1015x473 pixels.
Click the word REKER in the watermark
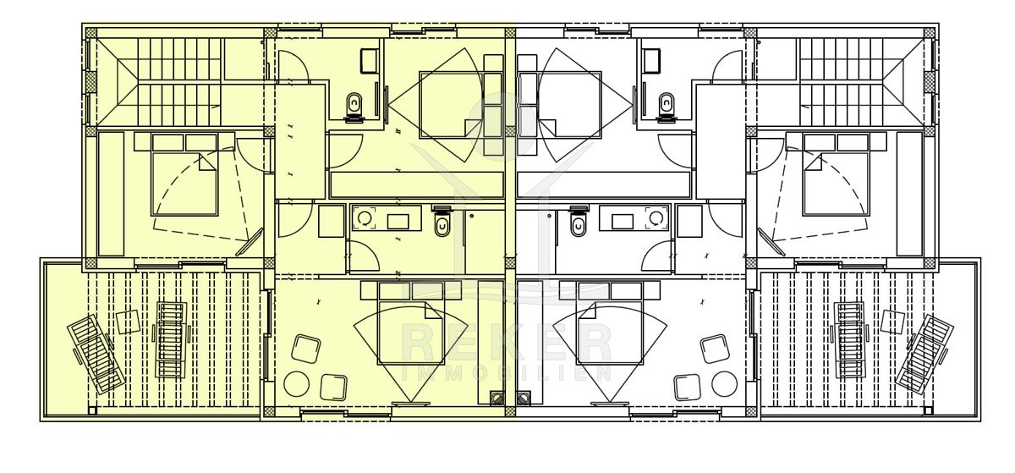507,344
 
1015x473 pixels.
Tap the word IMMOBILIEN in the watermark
507,374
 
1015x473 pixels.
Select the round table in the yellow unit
296,384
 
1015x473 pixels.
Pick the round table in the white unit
724,384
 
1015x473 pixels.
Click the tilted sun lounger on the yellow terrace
96,354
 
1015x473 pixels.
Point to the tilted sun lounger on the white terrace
924,354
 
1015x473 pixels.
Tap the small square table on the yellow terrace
129,322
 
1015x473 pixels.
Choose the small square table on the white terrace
892,322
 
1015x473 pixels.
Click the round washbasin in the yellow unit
365,218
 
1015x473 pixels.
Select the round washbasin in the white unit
656,218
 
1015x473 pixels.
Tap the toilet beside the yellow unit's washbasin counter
442,222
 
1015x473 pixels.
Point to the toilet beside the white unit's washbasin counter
579,222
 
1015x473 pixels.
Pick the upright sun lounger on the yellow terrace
172,340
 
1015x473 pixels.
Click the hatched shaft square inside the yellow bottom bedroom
497,399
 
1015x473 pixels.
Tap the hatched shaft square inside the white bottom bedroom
524,399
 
